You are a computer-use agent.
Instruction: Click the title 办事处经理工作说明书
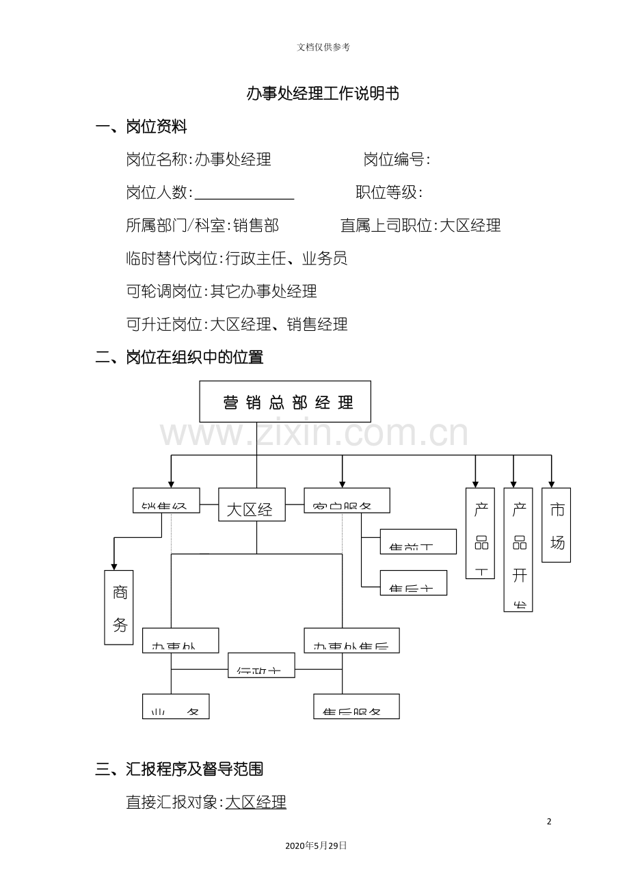pos(323,94)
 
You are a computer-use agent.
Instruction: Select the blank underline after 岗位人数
pos(244,193)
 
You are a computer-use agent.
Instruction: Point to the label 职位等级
pos(388,193)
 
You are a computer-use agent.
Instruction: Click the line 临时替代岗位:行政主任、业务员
pos(237,258)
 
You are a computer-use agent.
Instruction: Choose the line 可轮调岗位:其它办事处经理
pos(222,291)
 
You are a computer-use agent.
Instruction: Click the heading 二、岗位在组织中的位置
pos(179,357)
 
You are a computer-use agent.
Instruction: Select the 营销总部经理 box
pos(285,402)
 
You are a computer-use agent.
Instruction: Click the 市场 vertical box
pos(556,525)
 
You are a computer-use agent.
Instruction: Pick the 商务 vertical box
pos(119,607)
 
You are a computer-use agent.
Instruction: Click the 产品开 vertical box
pos(518,550)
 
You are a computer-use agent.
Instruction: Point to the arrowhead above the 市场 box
pos(551,483)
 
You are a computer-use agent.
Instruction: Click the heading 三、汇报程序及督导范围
pos(179,770)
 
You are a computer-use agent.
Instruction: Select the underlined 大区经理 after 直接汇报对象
pos(256,803)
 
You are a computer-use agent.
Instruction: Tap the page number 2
pos(549,822)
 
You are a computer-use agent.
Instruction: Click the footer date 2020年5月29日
pos(316,846)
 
